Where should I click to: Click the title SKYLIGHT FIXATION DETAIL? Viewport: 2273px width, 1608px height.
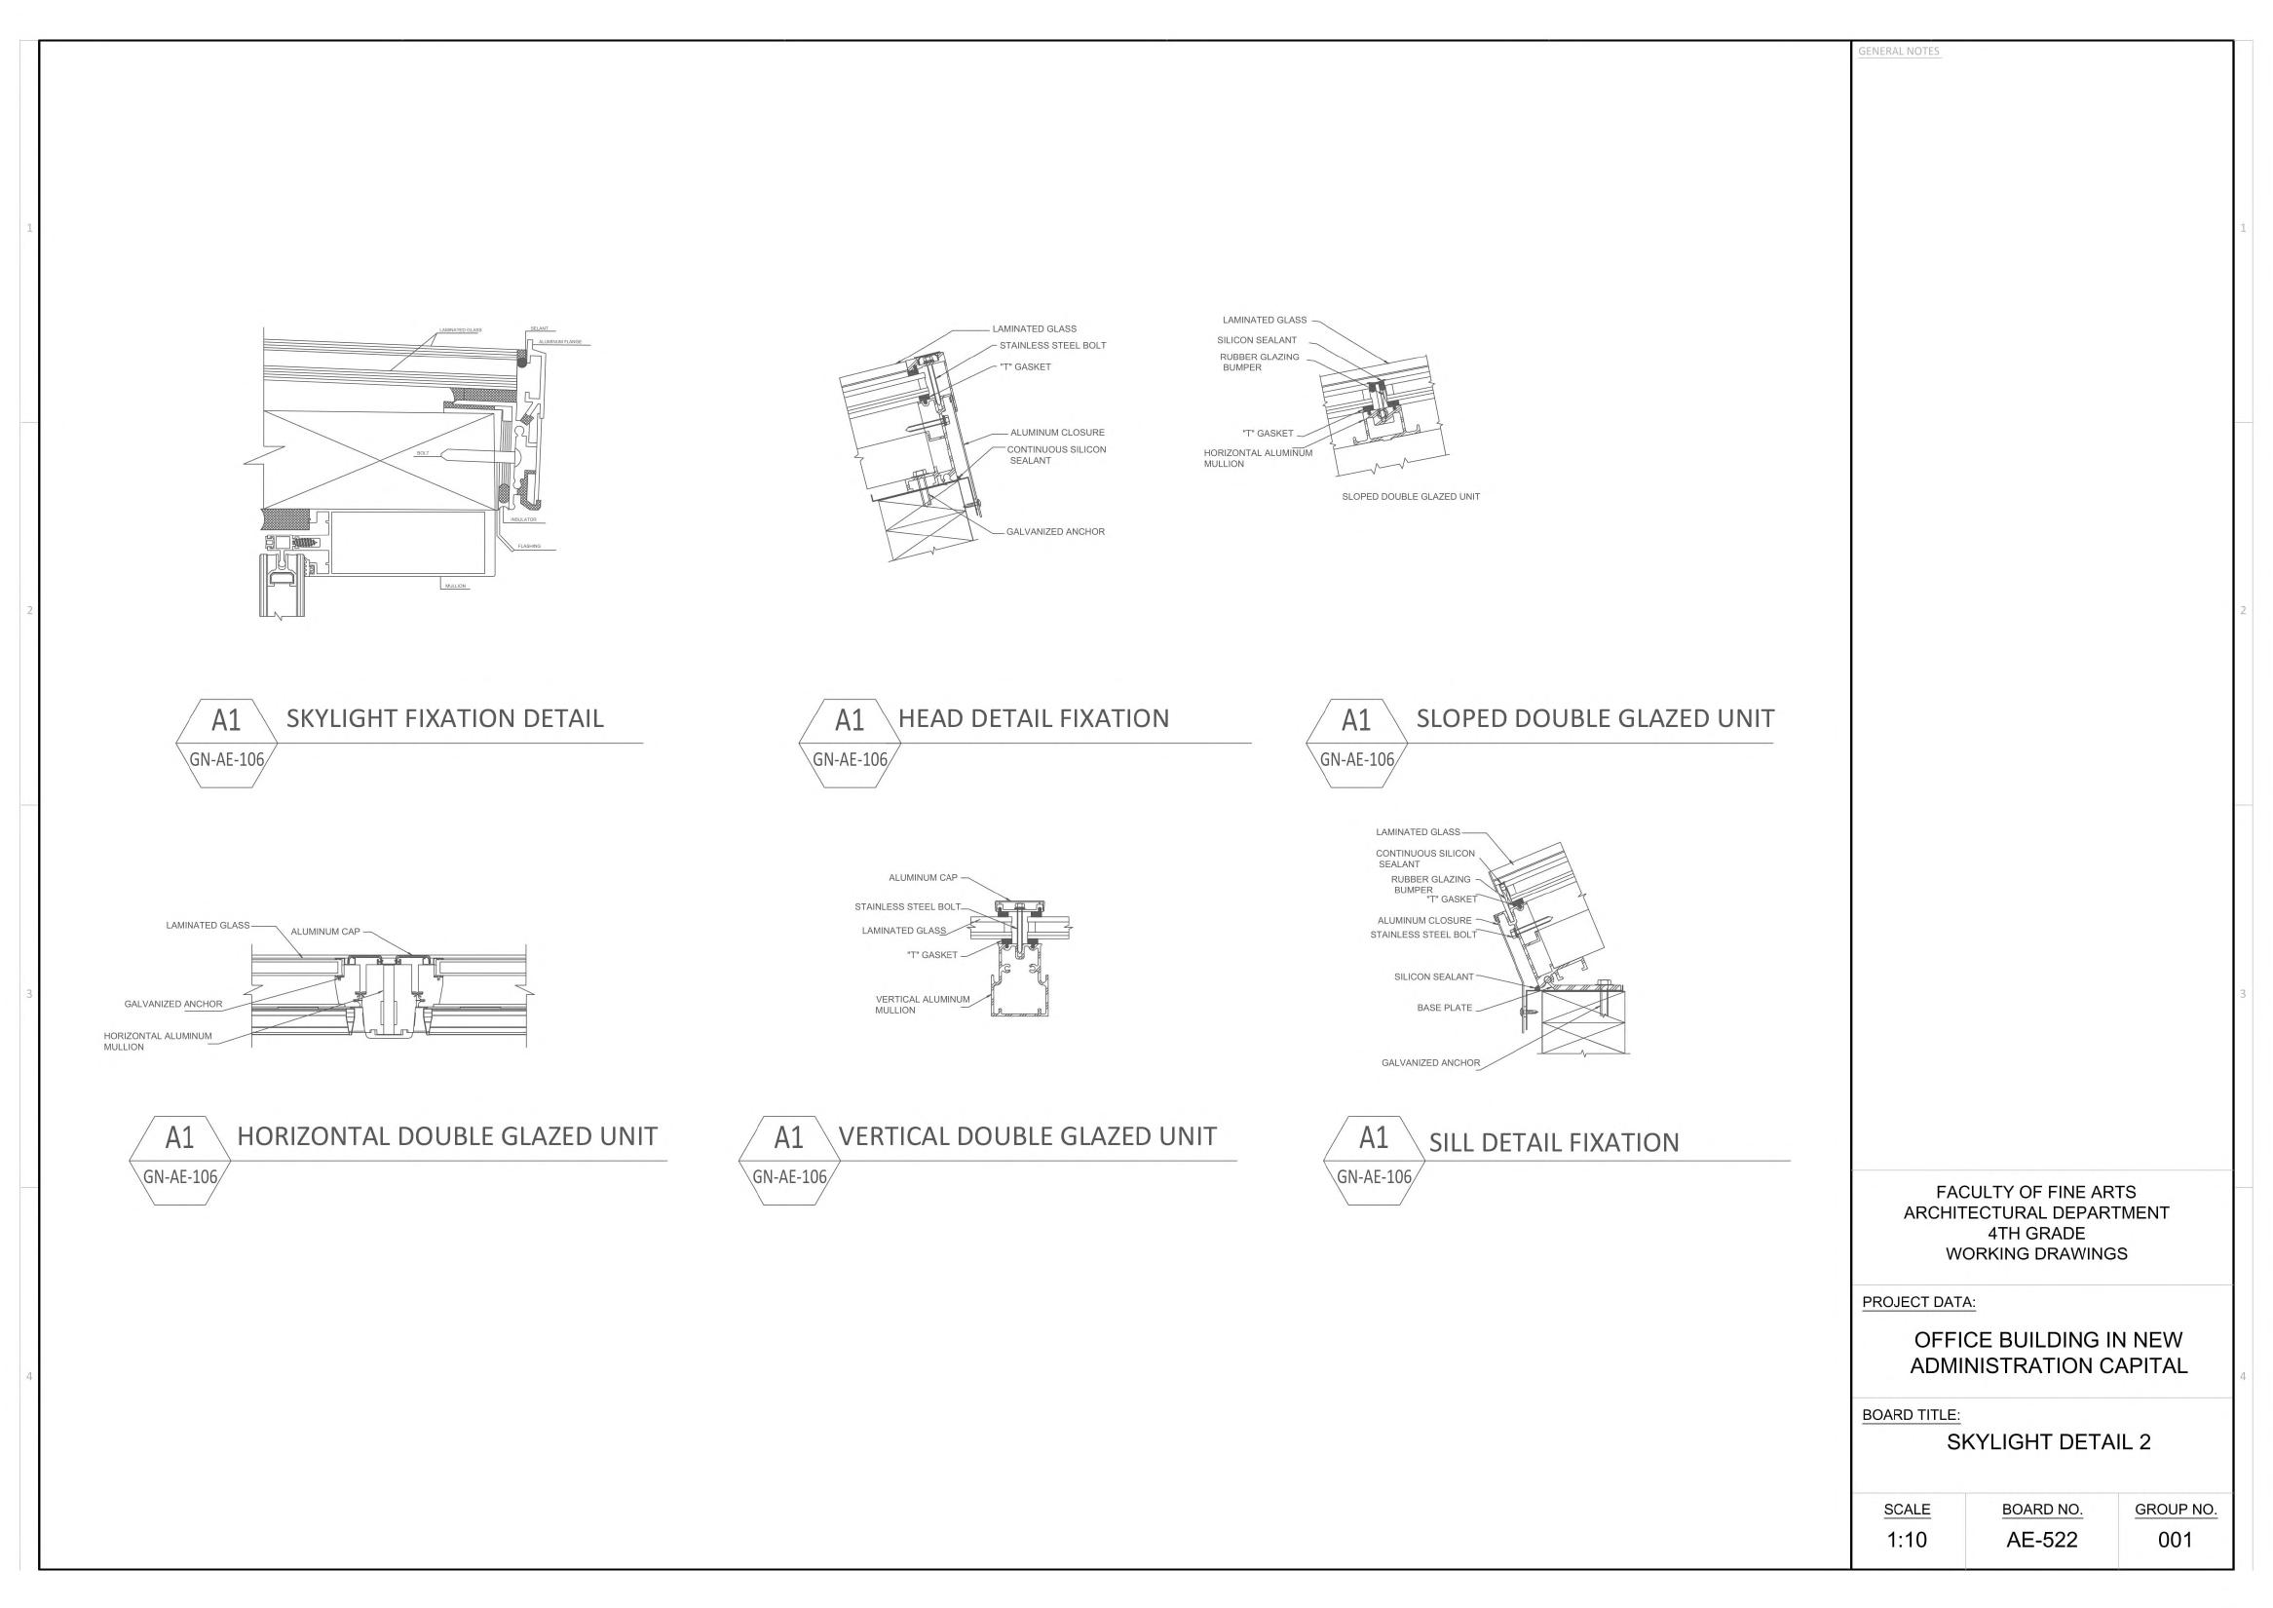(x=444, y=719)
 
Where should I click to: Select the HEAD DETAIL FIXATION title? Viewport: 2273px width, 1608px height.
(x=1033, y=719)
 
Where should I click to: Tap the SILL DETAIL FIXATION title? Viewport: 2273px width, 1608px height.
(x=1553, y=1142)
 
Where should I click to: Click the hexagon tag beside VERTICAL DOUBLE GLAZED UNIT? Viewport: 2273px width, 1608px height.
(x=789, y=1160)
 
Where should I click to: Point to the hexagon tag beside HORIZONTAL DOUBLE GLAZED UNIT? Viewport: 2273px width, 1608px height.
(x=180, y=1160)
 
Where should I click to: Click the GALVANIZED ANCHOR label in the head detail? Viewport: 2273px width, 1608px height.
(x=1054, y=532)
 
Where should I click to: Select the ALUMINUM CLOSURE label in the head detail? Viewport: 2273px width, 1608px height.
(x=1056, y=433)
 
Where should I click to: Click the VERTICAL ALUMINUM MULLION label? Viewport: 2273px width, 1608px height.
(x=922, y=1004)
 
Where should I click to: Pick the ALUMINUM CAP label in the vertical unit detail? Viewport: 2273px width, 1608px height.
(x=923, y=877)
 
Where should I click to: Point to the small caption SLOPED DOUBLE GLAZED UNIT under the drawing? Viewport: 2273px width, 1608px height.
(x=1410, y=497)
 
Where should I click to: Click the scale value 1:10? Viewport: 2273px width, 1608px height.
(x=1906, y=1540)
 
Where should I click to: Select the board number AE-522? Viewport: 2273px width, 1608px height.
(x=2041, y=1540)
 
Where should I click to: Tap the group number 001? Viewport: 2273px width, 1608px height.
(x=2175, y=1540)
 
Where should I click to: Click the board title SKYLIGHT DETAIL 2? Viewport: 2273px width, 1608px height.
(x=2047, y=1441)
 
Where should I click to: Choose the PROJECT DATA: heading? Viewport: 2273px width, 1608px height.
(x=1917, y=1302)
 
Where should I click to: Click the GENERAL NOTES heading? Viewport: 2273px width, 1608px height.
(x=1898, y=52)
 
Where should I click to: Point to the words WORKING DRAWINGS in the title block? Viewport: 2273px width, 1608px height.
(x=2035, y=1253)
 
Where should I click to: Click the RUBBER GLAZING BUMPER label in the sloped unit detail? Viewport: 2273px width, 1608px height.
(x=1258, y=363)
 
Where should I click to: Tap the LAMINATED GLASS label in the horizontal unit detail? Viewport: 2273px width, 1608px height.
(x=207, y=926)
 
